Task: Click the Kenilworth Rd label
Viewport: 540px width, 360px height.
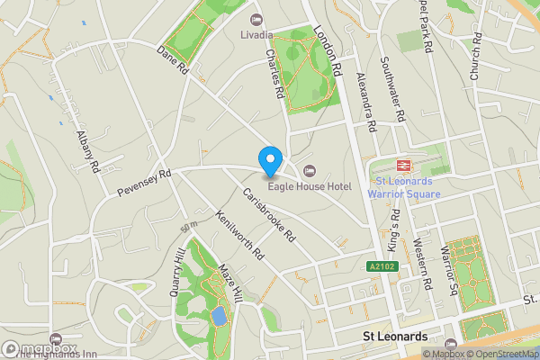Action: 238,235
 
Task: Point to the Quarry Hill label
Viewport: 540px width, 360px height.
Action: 176,274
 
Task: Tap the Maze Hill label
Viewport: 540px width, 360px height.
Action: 231,283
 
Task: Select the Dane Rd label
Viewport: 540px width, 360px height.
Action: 172,59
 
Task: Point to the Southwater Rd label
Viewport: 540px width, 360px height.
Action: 393,90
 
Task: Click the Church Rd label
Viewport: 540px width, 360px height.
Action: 477,59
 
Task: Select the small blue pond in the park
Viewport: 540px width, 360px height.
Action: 219,317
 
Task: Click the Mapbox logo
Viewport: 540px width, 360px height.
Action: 40,347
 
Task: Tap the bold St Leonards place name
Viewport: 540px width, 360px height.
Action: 394,337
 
